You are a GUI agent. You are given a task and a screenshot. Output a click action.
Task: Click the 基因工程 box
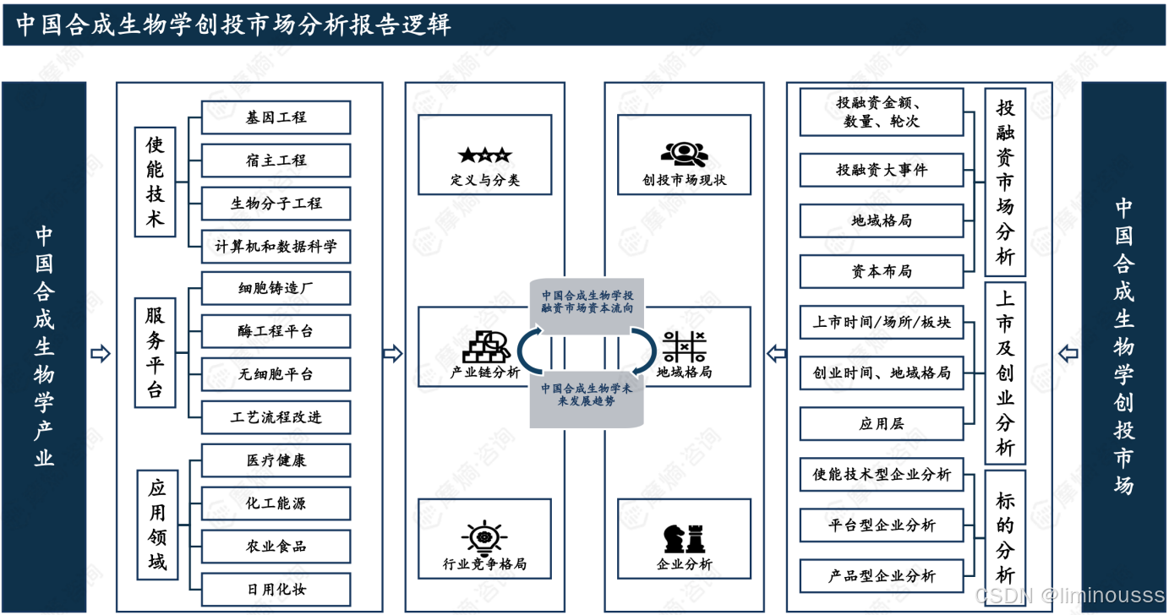pos(276,117)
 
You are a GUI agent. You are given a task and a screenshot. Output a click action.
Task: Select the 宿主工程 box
pos(276,161)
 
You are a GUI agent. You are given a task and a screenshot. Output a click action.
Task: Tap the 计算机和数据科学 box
pos(276,247)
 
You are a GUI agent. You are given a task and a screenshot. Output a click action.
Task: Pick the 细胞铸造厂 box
pos(276,289)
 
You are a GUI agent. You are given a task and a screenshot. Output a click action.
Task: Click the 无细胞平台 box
pos(276,374)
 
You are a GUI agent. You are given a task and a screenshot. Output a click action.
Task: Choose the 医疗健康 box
pos(276,460)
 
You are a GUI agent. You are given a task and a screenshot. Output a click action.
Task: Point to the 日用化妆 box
pos(276,589)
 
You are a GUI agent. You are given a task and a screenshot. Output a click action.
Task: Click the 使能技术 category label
pos(156,182)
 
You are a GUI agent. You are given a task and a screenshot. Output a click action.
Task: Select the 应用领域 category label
pos(158,525)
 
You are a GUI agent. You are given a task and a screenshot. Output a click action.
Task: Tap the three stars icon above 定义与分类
pos(484,155)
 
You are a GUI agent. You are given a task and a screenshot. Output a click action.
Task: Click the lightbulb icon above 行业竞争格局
pos(484,538)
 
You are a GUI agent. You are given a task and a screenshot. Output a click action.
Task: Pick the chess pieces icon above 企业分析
pos(684,538)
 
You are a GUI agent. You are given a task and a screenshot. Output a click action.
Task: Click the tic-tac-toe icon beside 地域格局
pos(684,346)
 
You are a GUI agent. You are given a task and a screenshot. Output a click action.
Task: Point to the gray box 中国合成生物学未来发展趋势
pos(587,395)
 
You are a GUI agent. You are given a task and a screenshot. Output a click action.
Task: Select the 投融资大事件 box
pos(882,170)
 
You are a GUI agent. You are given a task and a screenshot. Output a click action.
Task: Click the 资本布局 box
pos(882,271)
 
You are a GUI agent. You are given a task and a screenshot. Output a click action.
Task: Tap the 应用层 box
pos(882,424)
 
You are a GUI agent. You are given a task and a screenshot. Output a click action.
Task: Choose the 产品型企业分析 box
pos(882,576)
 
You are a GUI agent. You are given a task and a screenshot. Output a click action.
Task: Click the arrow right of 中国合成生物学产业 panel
pos(101,354)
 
